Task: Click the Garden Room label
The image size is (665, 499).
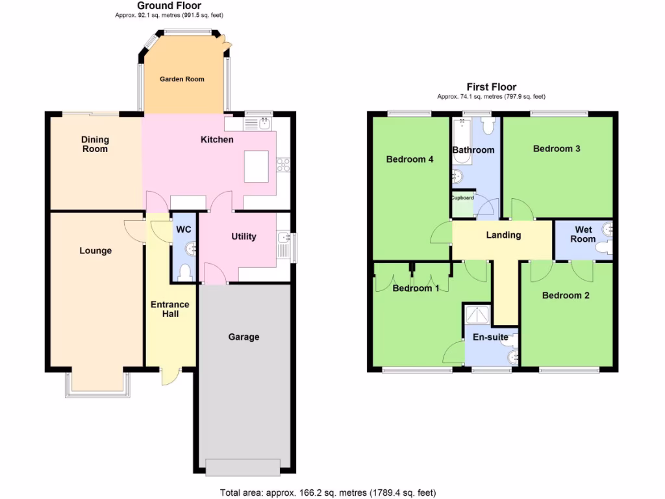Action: (x=182, y=79)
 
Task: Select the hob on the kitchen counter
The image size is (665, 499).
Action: (x=283, y=165)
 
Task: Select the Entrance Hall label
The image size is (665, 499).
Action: (x=169, y=309)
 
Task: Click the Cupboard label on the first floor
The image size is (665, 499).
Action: (x=463, y=198)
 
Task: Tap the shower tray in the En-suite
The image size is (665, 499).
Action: (x=479, y=315)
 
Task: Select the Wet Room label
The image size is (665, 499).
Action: (x=583, y=235)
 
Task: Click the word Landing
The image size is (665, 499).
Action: (x=503, y=235)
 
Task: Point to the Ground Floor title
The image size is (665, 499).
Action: (x=169, y=6)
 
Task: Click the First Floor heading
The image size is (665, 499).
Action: (x=491, y=87)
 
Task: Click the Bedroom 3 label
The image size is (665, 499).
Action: (x=557, y=149)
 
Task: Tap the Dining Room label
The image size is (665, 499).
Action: (x=95, y=144)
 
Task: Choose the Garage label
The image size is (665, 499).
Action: (x=244, y=337)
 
